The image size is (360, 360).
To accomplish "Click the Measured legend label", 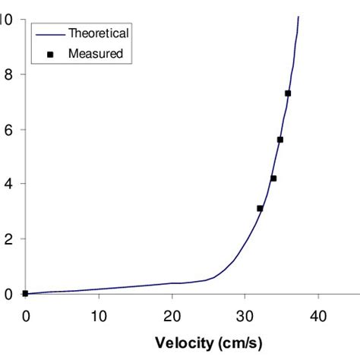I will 96,54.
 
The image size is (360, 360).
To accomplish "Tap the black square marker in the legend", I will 49,54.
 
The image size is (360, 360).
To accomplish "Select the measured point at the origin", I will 25,293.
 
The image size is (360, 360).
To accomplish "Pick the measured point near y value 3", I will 260,208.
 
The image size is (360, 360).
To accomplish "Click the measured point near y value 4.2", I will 273,178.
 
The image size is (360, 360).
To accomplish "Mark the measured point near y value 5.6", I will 280,140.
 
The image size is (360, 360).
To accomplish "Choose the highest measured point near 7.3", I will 288,93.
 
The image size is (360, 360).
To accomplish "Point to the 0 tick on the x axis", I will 25,314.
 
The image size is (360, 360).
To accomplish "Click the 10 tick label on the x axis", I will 99,314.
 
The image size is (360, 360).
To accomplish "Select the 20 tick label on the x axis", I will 172,314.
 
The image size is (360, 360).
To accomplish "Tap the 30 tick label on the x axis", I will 245,314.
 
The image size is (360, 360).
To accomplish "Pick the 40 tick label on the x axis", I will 319,314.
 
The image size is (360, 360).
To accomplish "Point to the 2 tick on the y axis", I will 8,238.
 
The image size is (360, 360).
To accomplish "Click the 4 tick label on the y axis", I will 8,184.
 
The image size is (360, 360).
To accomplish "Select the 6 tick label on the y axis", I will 8,129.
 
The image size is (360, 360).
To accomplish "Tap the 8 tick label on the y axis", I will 8,74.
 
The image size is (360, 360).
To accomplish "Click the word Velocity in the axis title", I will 183,342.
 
